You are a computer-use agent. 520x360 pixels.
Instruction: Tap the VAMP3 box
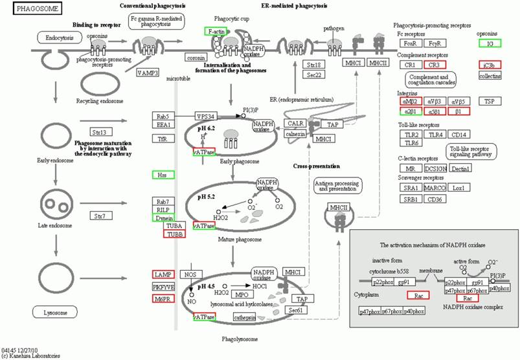coord(148,73)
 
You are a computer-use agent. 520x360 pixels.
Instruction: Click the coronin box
coord(196,58)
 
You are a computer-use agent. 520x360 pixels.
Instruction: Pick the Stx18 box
coord(315,65)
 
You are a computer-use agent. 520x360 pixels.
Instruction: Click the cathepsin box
coord(245,317)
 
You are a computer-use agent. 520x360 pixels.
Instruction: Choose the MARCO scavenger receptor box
coord(435,188)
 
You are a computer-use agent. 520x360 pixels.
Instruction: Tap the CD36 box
coord(435,199)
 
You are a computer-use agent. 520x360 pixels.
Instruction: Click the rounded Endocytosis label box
coord(59,38)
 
